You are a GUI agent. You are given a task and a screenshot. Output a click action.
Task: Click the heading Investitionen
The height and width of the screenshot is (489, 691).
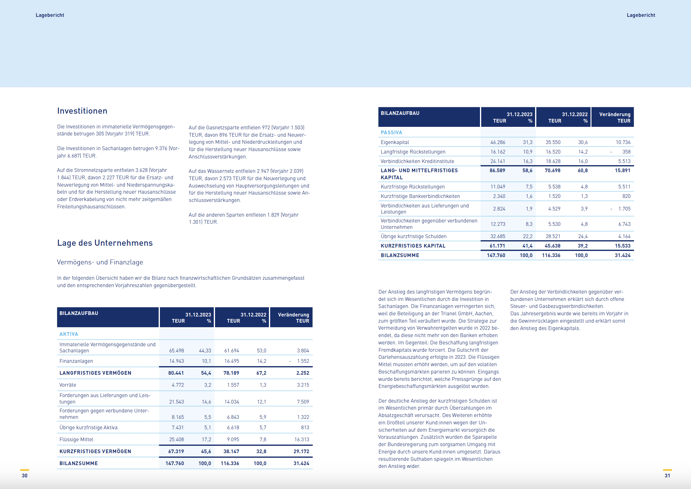[82, 111]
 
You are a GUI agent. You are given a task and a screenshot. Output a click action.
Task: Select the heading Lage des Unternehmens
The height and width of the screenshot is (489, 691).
[105, 243]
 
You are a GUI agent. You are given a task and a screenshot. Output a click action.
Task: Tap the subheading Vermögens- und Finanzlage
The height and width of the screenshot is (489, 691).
[100, 262]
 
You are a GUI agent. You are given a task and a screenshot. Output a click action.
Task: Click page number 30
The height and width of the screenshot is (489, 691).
[25, 476]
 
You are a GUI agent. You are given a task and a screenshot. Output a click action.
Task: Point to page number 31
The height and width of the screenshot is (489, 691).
[667, 476]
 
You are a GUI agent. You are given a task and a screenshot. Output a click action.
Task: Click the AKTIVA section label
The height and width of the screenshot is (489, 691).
[69, 334]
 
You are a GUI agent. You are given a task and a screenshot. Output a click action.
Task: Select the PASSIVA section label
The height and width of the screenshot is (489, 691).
[391, 132]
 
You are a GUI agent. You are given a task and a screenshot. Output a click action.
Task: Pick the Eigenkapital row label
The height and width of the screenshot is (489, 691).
[395, 142]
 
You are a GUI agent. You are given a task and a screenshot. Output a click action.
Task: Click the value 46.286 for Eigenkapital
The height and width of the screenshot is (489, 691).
[497, 142]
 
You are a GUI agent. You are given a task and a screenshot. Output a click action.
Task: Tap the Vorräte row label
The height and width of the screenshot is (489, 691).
[68, 385]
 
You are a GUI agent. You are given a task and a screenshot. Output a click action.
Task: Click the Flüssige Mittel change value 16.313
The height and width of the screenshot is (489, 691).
[302, 439]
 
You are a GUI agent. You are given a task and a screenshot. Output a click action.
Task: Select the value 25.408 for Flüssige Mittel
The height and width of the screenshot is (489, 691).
[176, 439]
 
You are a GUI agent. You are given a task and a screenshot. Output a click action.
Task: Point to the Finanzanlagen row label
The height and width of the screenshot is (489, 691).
[76, 361]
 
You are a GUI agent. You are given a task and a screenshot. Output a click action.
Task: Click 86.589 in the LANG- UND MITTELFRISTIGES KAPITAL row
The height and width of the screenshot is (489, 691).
[497, 170]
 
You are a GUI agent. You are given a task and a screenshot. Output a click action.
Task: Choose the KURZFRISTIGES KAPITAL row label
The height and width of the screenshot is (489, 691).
[413, 246]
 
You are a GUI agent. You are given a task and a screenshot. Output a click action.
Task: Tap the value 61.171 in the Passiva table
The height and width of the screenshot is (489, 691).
[497, 246]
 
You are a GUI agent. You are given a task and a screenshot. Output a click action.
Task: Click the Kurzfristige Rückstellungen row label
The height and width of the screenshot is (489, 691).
[413, 187]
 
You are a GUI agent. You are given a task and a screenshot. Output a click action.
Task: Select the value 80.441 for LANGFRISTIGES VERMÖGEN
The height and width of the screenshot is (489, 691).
[176, 373]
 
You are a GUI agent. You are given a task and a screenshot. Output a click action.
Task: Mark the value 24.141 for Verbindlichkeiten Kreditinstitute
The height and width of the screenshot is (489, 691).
[497, 161]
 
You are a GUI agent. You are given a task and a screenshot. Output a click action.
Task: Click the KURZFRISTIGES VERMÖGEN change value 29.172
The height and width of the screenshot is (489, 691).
[301, 451]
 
